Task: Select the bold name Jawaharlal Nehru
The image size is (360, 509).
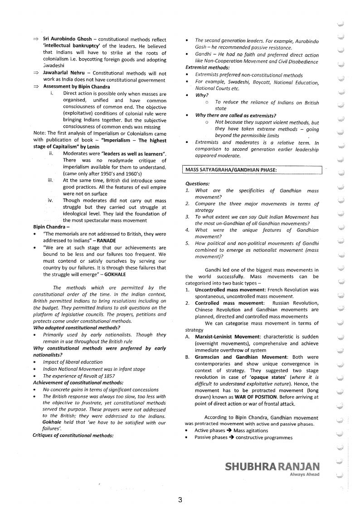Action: [65, 73]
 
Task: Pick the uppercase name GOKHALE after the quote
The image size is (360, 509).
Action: [115, 274]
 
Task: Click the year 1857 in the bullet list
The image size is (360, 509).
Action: [109, 376]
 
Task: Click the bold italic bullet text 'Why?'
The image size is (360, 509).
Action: [202, 95]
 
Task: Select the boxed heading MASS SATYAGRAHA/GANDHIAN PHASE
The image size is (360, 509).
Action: [231, 170]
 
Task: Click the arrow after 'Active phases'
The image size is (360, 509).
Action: [229, 431]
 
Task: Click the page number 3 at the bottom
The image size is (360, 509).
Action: [180, 500]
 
